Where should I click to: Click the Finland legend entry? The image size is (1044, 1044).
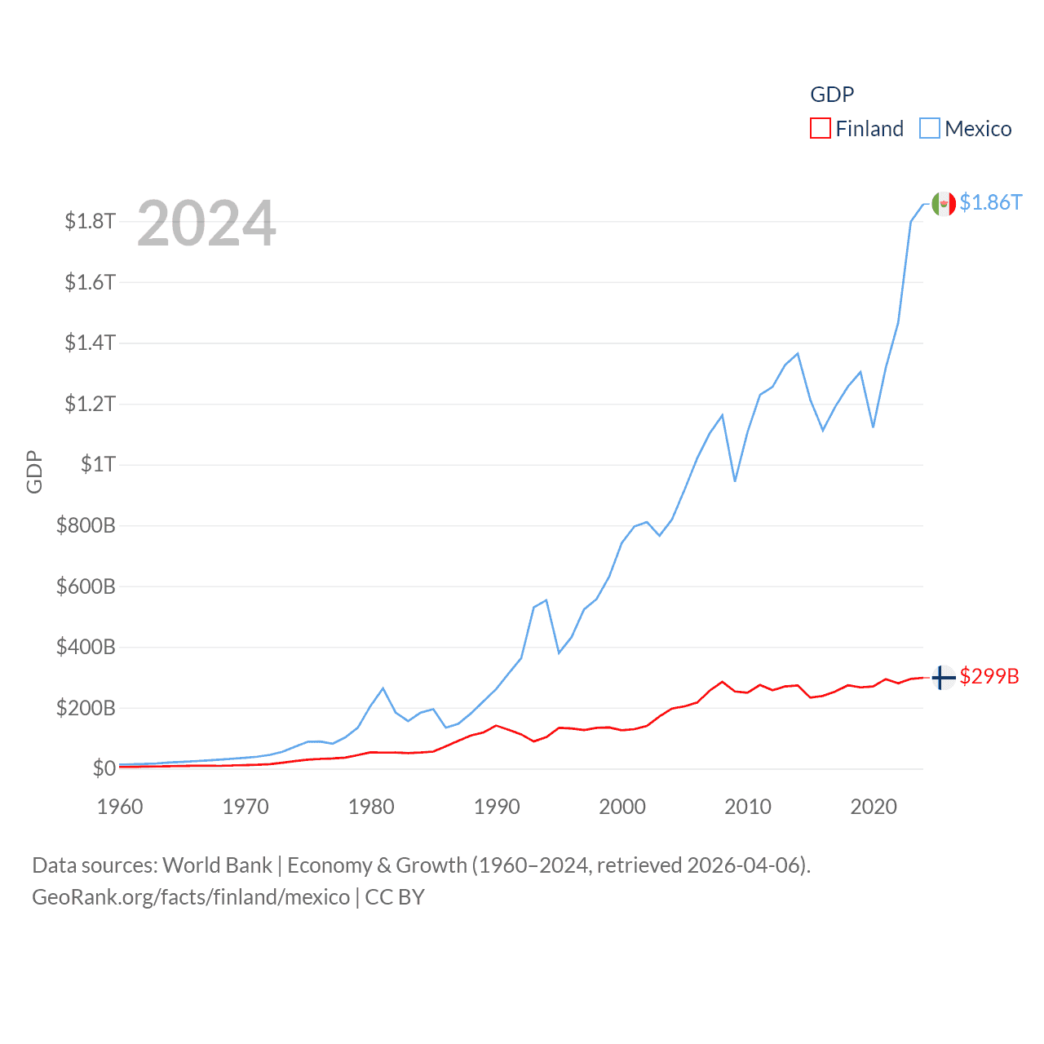[x=857, y=129]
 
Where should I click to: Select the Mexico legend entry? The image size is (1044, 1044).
[x=966, y=129]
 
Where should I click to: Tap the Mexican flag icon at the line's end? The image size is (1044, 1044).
[x=943, y=204]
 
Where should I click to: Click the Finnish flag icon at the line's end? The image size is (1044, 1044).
[x=943, y=677]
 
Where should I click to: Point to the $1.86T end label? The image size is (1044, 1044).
[x=990, y=202]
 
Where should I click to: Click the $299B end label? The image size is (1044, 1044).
[x=989, y=676]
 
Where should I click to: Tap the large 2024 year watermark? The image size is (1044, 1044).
[x=206, y=223]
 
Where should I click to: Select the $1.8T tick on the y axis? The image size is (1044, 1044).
[x=90, y=221]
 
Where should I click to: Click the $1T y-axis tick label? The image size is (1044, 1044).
[x=98, y=464]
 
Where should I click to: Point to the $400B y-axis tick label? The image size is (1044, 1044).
[x=86, y=647]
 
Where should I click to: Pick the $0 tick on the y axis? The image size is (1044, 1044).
[x=104, y=768]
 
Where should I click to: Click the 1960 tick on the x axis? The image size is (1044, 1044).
[x=120, y=807]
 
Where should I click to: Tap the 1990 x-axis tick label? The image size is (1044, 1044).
[x=497, y=807]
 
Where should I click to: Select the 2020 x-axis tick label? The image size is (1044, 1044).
[x=874, y=807]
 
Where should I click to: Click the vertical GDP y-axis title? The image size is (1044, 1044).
[x=34, y=471]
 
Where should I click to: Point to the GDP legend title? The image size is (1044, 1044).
[x=832, y=95]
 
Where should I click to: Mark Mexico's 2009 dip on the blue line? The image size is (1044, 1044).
[x=735, y=480]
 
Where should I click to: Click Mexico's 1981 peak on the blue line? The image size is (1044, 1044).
[x=383, y=688]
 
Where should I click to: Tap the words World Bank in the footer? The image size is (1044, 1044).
[x=217, y=865]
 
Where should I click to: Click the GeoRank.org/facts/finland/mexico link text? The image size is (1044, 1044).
[x=191, y=897]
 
